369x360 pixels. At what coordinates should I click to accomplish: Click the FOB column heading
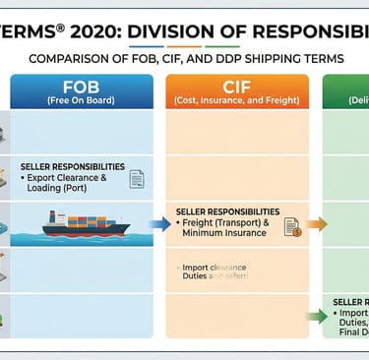pyautogui.click(x=81, y=87)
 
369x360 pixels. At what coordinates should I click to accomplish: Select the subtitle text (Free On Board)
pyautogui.click(x=82, y=101)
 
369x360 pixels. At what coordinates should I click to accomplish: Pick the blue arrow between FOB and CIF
pyautogui.click(x=158, y=224)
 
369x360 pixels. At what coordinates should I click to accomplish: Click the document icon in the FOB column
pyautogui.click(x=137, y=178)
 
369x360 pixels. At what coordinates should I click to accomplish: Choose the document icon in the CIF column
pyautogui.click(x=292, y=227)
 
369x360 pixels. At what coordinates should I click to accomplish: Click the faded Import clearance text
pyautogui.click(x=215, y=268)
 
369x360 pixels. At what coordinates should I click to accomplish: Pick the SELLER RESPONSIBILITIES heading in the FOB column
pyautogui.click(x=73, y=166)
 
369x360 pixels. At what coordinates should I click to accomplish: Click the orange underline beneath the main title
pyautogui.click(x=182, y=44)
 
